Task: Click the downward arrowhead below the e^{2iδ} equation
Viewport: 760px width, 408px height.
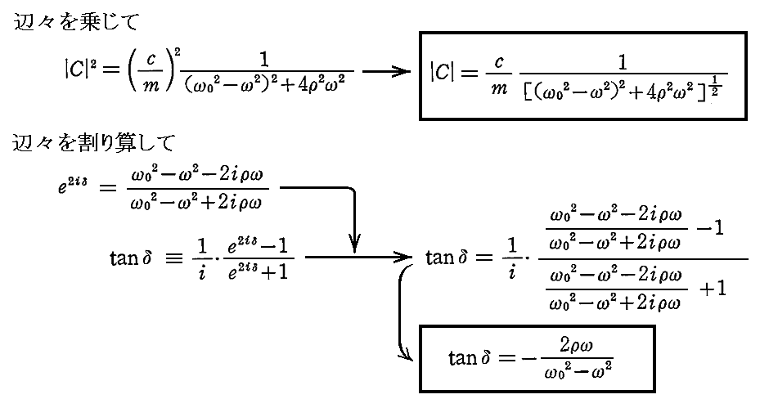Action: (354, 243)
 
